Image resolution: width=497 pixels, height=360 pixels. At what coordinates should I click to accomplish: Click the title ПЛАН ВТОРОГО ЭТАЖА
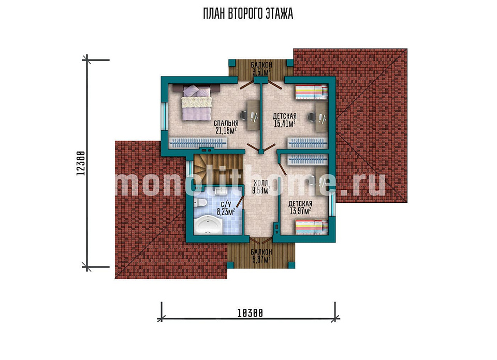click(248, 13)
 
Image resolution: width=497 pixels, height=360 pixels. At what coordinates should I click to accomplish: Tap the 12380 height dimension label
click(81, 163)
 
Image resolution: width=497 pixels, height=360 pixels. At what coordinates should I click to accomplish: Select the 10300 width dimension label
click(250, 313)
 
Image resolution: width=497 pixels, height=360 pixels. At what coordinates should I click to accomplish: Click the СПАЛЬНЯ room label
click(226, 123)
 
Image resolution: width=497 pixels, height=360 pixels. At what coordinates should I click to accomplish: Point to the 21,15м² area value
click(226, 130)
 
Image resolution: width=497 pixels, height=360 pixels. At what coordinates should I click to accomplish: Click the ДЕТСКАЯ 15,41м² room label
click(285, 119)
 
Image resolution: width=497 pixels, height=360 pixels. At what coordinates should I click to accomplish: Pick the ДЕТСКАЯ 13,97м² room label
click(300, 207)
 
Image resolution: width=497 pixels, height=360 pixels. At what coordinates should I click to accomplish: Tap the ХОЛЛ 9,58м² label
click(261, 187)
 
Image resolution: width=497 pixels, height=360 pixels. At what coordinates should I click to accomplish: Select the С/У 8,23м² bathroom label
click(226, 208)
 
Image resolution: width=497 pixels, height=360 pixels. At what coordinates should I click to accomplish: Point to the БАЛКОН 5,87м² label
click(261, 256)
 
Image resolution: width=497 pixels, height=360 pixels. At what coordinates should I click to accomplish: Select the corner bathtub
click(208, 224)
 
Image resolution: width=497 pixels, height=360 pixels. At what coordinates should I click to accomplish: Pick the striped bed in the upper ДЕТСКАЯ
click(312, 92)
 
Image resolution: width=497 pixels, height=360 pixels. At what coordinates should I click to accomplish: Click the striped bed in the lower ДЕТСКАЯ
click(312, 228)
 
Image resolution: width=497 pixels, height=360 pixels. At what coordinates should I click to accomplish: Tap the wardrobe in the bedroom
click(198, 143)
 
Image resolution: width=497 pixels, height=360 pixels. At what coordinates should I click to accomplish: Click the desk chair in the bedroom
click(244, 115)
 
